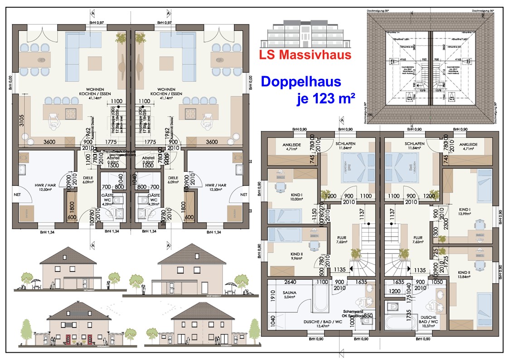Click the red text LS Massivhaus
(x=305, y=55)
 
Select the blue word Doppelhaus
(x=301, y=82)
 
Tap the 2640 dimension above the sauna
(x=291, y=282)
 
